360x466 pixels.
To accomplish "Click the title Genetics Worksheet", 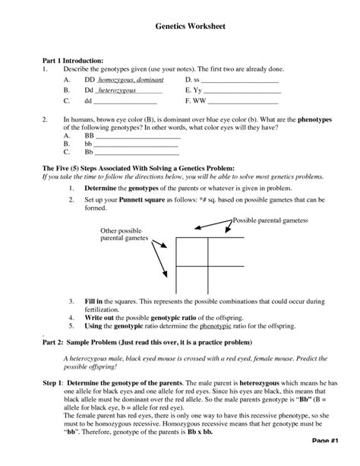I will pos(180,26).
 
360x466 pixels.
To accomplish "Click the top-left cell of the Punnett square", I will pos(194,251).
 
